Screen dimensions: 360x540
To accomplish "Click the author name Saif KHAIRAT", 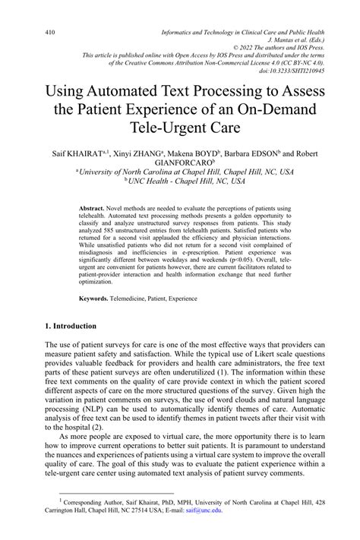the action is [x=76, y=153].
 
